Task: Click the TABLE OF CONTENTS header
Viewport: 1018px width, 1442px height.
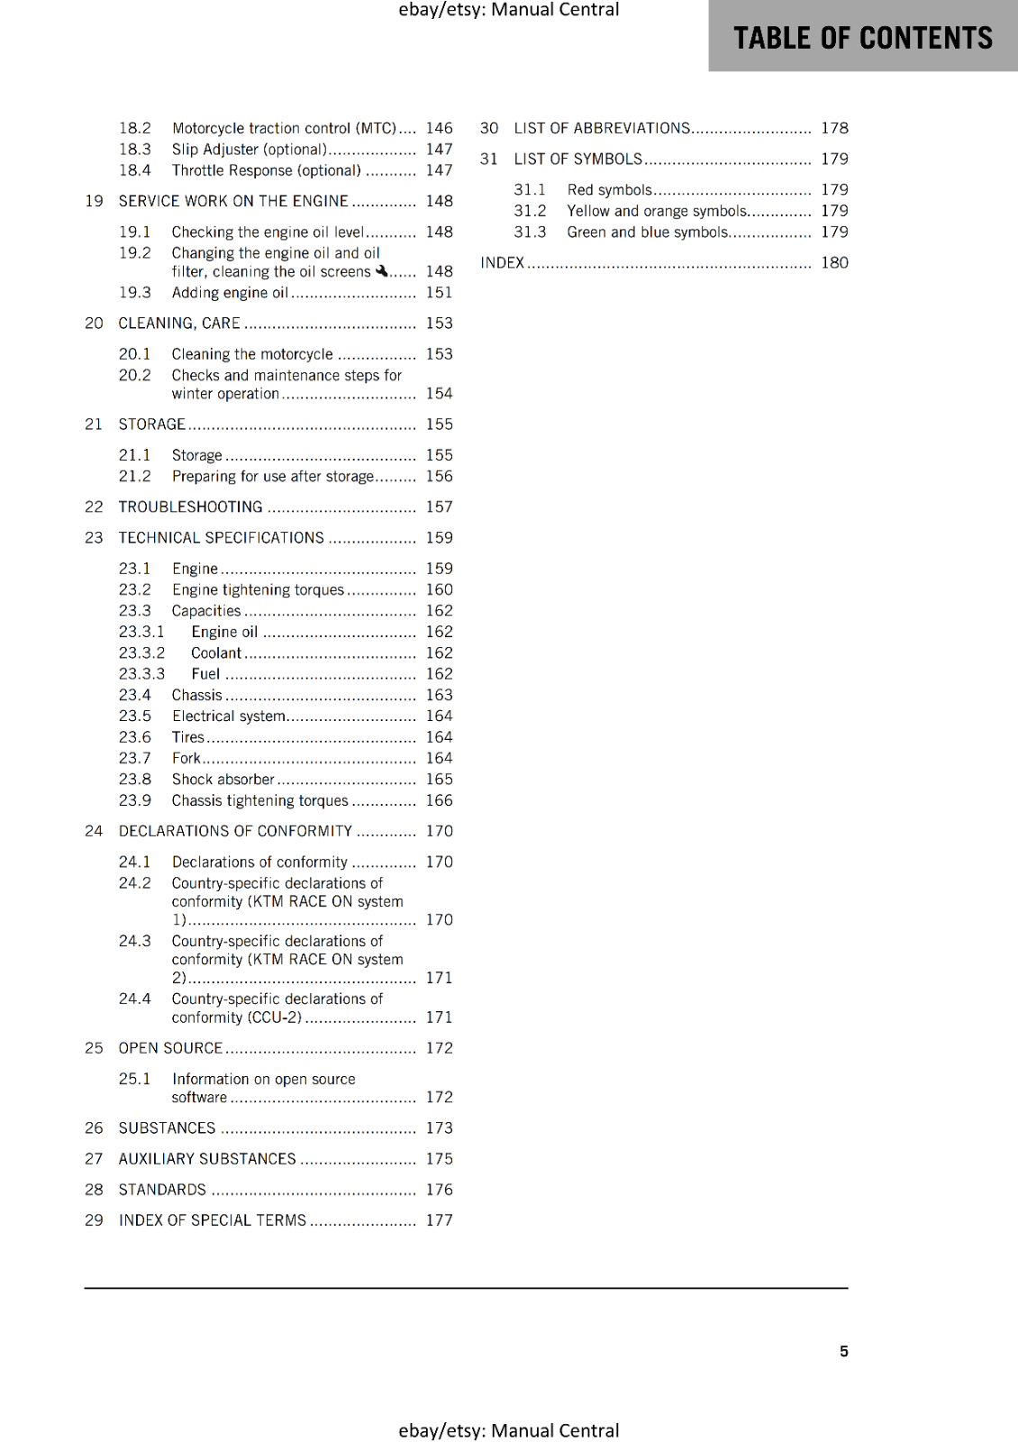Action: click(862, 38)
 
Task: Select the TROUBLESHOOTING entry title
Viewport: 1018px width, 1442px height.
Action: click(190, 507)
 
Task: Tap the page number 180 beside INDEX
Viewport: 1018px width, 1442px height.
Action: click(834, 262)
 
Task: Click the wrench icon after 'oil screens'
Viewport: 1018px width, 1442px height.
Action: click(381, 270)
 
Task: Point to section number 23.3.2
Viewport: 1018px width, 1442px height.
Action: click(141, 653)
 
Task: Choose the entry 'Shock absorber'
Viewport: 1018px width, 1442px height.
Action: click(223, 780)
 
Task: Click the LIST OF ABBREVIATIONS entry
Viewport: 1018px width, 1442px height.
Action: click(602, 128)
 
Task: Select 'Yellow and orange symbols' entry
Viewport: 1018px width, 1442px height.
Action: click(657, 211)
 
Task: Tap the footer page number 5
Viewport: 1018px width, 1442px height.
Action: click(843, 1351)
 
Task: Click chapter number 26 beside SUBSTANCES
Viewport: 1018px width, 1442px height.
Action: click(94, 1128)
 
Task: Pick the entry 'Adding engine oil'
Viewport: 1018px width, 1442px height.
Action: click(230, 293)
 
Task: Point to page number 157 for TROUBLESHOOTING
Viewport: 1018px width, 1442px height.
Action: click(439, 507)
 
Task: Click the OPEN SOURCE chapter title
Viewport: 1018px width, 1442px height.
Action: click(170, 1048)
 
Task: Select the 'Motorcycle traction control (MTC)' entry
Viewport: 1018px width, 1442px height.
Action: click(284, 128)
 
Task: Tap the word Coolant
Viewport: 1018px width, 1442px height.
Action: click(216, 653)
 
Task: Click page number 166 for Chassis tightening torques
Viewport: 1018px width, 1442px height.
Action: click(439, 800)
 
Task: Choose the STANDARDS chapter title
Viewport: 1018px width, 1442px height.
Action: click(162, 1190)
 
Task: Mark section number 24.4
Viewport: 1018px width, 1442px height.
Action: click(135, 999)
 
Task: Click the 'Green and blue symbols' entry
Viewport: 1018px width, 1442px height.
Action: click(648, 232)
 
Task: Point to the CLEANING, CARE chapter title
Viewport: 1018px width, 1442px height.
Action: click(179, 324)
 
